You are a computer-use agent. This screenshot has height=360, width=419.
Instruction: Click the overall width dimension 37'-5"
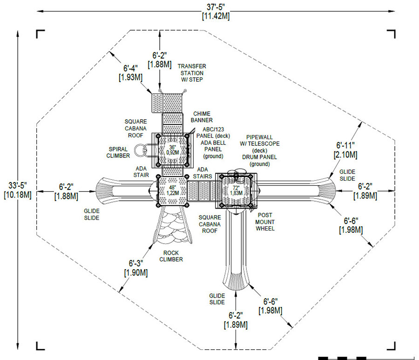[x=216, y=12]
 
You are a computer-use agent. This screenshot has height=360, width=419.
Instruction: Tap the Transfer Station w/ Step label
[x=192, y=73]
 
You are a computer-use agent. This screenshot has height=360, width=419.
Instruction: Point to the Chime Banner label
[x=202, y=117]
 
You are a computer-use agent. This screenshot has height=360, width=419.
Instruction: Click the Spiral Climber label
[x=118, y=152]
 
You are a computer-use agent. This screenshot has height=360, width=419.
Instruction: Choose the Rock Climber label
[x=171, y=256]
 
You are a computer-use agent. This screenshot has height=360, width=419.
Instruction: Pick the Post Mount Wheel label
[x=265, y=222]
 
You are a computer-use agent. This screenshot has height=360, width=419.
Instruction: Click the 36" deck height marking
[x=173, y=150]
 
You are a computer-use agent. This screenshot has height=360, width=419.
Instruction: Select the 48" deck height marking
[x=173, y=190]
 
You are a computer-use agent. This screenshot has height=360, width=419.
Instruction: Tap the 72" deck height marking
[x=236, y=190]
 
